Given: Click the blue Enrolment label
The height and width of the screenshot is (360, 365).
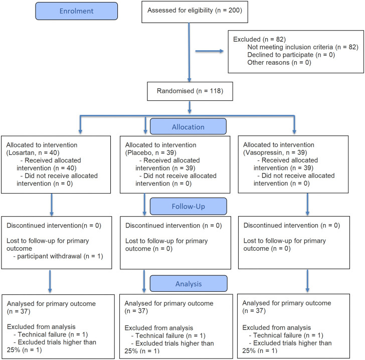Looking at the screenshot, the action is tap(76, 11).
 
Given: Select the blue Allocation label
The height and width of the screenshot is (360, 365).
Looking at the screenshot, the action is tap(188, 126).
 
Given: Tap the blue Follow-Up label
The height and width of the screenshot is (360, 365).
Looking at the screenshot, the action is tap(189, 206).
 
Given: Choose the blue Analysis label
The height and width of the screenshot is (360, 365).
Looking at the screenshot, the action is tap(189, 284).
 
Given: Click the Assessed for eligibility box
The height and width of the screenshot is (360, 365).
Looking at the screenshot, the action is tap(195, 12).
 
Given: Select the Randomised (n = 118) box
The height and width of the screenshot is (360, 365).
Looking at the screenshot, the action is tap(190, 91).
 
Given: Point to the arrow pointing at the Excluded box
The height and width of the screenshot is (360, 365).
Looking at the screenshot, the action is tap(209, 51).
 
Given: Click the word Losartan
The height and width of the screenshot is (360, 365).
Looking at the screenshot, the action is tap(21, 153).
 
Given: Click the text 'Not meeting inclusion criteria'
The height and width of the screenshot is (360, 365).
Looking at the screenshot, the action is tap(290, 47).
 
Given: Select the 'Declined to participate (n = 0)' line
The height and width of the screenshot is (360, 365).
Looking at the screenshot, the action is tap(291, 55).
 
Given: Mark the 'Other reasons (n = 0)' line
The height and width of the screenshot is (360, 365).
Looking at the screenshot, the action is tap(279, 62).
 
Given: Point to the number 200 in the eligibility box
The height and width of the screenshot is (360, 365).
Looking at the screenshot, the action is tap(234, 10).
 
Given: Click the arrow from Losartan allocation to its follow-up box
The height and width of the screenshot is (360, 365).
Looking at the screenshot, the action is tap(52, 205).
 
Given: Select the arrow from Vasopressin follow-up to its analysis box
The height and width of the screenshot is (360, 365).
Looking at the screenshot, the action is tap(307, 281).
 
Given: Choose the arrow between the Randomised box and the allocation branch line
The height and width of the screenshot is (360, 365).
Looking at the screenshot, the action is tap(190, 107).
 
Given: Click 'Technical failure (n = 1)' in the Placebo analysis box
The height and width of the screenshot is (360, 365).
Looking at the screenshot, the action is tap(168, 335).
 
